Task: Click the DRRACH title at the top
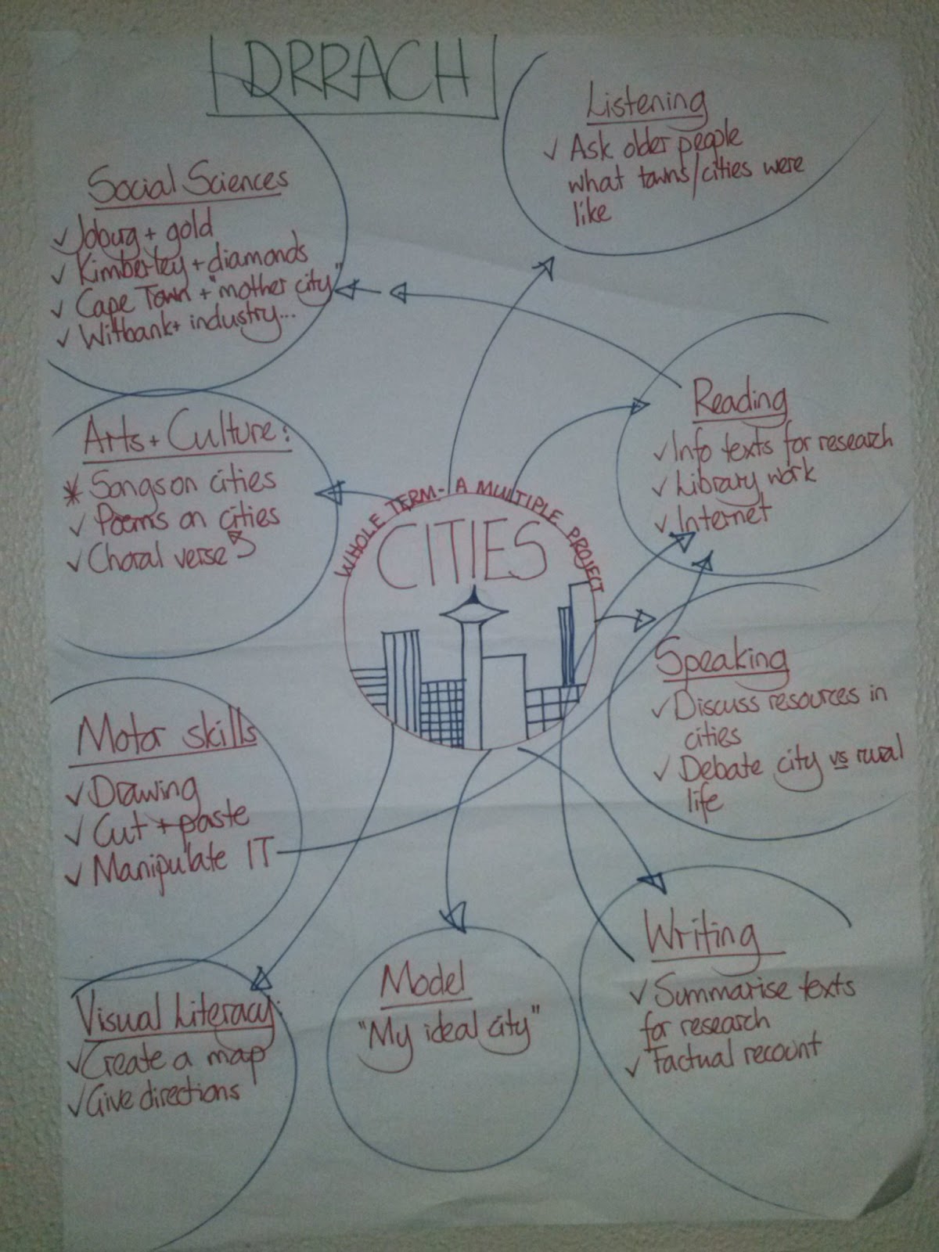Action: click(x=356, y=74)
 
